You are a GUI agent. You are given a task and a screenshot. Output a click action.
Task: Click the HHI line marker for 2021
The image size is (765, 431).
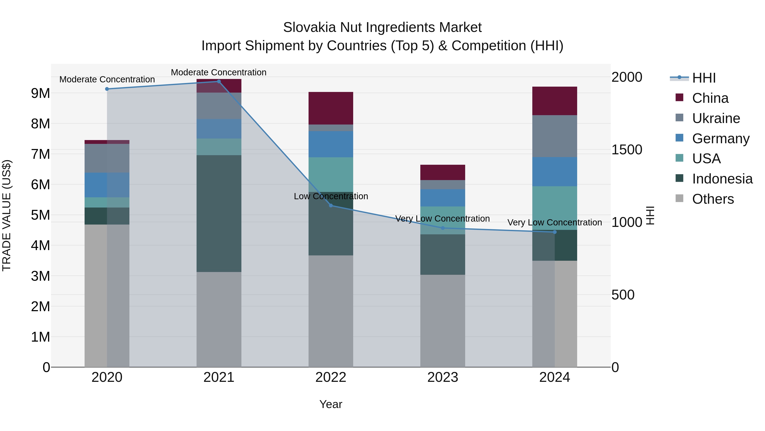(x=219, y=82)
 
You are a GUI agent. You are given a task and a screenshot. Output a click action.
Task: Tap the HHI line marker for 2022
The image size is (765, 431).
(x=331, y=206)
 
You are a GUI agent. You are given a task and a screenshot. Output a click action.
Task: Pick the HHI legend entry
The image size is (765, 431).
(x=704, y=78)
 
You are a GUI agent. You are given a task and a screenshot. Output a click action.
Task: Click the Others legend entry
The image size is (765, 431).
(x=713, y=199)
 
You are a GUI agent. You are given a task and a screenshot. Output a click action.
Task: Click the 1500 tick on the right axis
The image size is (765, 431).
(x=627, y=150)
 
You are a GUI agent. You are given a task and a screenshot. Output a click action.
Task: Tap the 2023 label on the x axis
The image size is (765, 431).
(x=442, y=377)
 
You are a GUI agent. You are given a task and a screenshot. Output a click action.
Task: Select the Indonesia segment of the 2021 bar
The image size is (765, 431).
(x=219, y=213)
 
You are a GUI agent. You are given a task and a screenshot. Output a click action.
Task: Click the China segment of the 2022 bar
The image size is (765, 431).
(x=331, y=108)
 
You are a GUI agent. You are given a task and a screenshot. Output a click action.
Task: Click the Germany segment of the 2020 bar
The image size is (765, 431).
(x=107, y=185)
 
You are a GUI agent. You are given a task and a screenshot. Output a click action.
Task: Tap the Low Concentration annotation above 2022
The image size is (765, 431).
(x=331, y=196)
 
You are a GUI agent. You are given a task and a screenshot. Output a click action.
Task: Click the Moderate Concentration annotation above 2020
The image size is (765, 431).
(x=107, y=79)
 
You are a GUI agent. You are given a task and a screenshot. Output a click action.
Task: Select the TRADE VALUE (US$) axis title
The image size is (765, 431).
(x=7, y=215)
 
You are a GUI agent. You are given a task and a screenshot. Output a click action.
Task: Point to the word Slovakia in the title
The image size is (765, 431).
(x=309, y=27)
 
